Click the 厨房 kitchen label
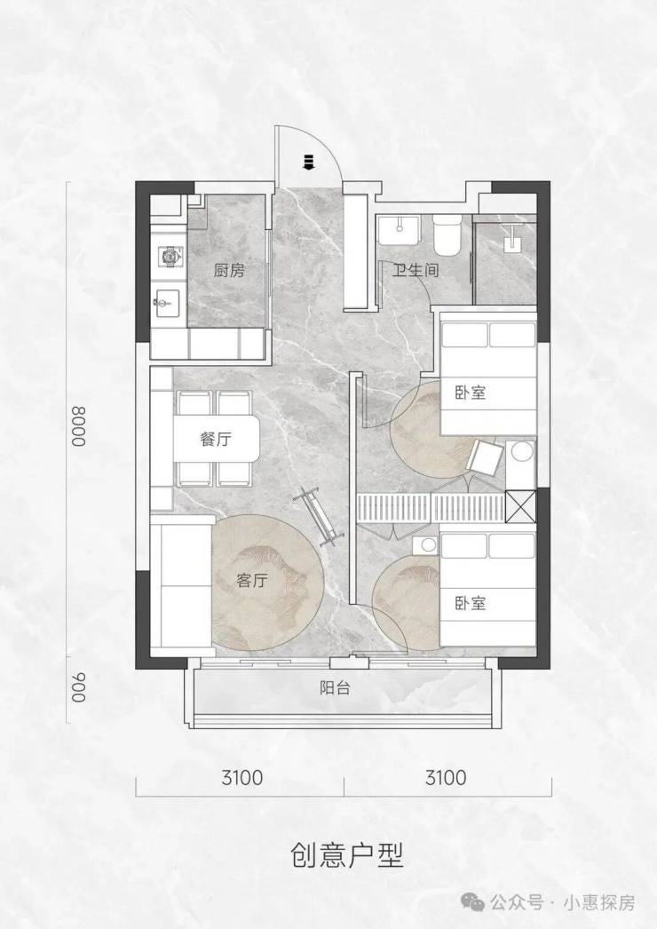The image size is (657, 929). [x=229, y=271]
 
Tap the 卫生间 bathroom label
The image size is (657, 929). [x=416, y=270]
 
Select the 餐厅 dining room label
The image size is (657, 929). [x=216, y=440]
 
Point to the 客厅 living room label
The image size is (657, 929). [x=252, y=580]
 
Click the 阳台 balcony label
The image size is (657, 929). [x=335, y=688]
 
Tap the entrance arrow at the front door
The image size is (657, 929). [x=307, y=162]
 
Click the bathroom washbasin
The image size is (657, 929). [x=400, y=229]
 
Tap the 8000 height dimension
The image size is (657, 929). [x=79, y=425]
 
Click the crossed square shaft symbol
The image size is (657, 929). [x=521, y=506]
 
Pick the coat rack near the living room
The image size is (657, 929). [x=320, y=517]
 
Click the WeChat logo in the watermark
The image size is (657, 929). [x=474, y=902]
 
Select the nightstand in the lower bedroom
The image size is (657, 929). [x=425, y=545]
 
